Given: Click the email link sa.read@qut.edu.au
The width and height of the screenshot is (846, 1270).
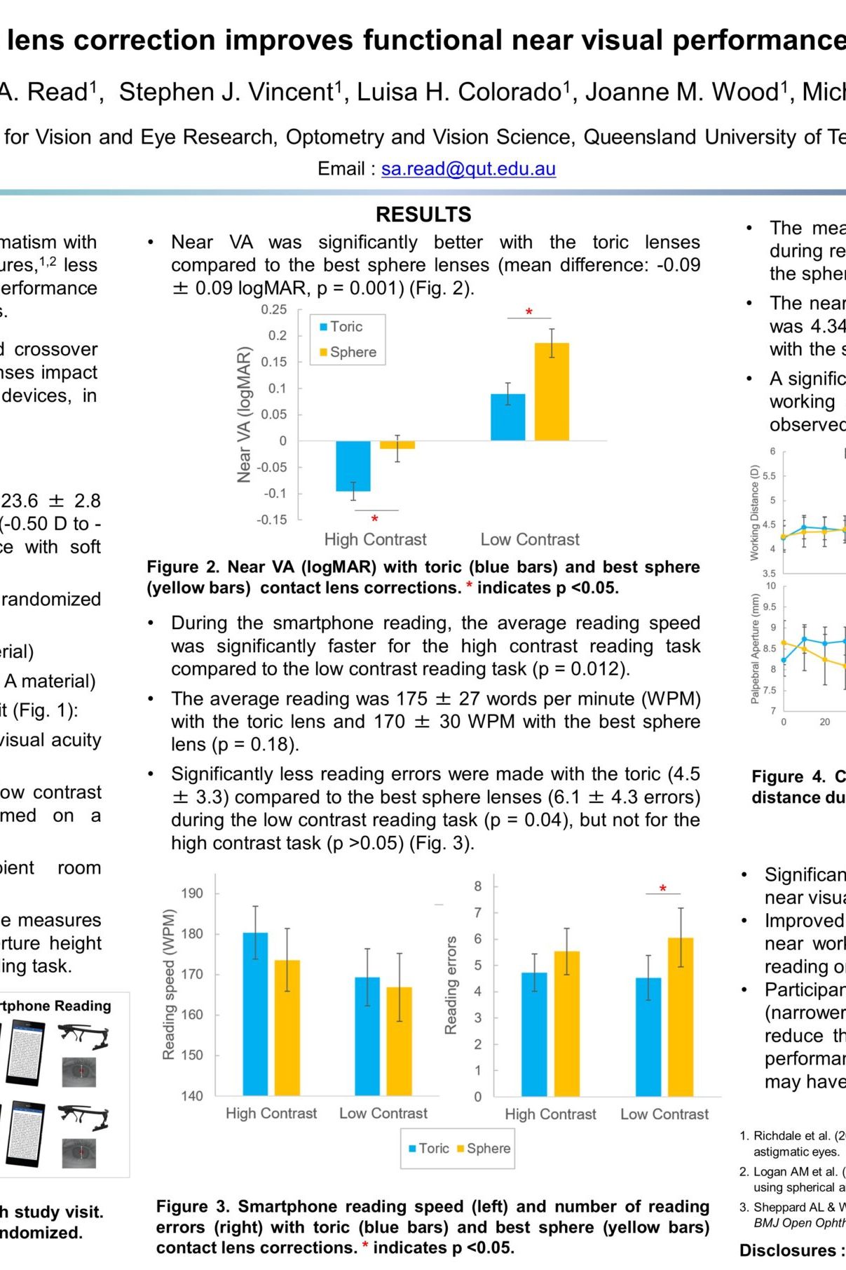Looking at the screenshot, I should pos(468,169).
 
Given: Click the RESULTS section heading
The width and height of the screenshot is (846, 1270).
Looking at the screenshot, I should pos(423,215).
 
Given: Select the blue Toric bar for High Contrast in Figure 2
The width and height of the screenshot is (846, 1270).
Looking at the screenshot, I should pos(353,466).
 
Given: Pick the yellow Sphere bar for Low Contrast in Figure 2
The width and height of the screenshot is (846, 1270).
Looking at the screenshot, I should pos(552,391).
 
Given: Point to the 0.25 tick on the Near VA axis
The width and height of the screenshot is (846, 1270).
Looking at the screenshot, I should pos(274,310).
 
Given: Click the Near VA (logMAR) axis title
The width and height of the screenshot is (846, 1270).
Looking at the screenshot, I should pos(244,414).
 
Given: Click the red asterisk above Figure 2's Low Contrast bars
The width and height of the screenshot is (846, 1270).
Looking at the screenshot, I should pos(529,312).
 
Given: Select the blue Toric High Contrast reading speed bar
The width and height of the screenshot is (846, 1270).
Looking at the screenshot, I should pos(255,1013).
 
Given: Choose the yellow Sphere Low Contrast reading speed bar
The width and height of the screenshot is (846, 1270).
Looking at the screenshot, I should pos(400,1041).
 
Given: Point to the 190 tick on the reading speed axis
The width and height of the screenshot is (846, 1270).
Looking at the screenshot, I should pos(192,893).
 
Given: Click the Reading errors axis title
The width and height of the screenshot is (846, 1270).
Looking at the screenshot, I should pos(451,985).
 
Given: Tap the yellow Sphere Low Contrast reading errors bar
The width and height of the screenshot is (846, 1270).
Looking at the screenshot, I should pos(681,1016).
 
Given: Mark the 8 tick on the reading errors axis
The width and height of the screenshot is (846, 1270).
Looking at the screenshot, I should pos(478,886).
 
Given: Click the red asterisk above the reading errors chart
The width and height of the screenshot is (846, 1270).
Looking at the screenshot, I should pos(663,889).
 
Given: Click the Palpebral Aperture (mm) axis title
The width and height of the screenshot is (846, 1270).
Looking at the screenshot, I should pos(755,649).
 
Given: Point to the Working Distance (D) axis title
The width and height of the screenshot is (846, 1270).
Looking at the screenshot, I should pos(755,512).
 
